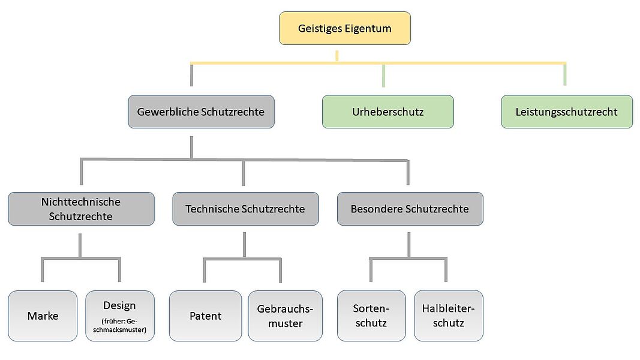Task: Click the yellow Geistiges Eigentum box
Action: tap(345, 28)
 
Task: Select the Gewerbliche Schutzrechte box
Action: tap(201, 112)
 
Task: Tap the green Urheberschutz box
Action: tap(387, 112)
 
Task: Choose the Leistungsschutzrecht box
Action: tap(567, 112)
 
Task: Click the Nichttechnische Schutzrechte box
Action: tap(81, 209)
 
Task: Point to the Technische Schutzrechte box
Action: tap(246, 209)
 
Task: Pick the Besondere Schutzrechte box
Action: tap(410, 209)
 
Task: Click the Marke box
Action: tap(43, 316)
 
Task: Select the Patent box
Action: tap(205, 316)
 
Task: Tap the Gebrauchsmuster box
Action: tap(285, 316)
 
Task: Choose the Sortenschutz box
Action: tap(371, 316)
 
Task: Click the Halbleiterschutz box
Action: tap(449, 316)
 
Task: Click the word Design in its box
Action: tap(119, 306)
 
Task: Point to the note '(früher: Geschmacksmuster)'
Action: tap(119, 325)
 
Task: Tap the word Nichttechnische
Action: tap(81, 202)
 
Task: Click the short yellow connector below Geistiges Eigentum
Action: tap(336, 56)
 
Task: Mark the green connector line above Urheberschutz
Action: tap(383, 76)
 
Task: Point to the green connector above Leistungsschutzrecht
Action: tap(565, 74)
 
